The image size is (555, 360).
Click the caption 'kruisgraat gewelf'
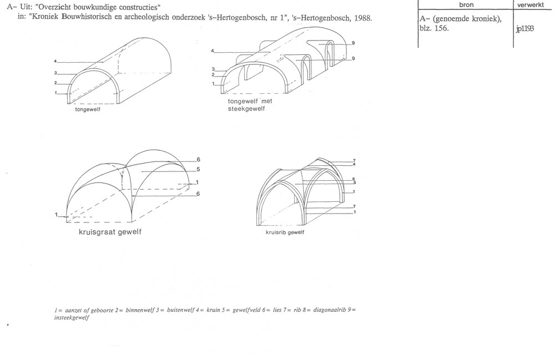(x=110, y=232)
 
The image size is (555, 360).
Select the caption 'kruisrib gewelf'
(x=286, y=232)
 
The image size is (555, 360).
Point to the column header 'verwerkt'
(x=533, y=5)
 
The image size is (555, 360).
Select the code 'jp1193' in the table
(x=525, y=29)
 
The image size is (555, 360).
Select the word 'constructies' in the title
(x=138, y=7)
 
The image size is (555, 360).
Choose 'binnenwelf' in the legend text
(x=123, y=309)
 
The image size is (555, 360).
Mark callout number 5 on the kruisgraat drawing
(x=198, y=170)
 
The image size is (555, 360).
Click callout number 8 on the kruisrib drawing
(x=353, y=178)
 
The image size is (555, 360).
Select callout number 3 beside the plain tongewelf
(x=56, y=73)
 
